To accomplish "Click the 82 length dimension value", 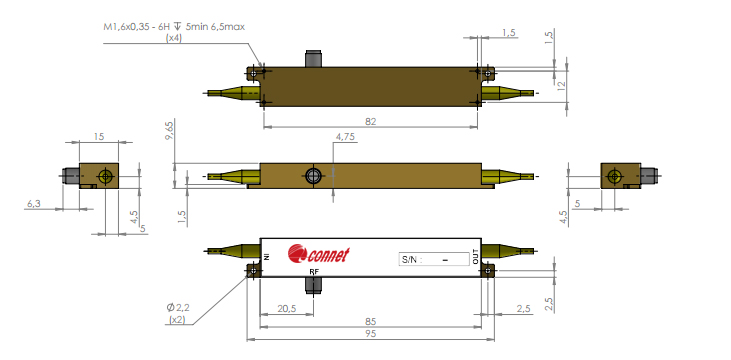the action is tap(371, 122).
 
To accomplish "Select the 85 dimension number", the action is tap(371, 322).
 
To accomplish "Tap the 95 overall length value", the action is tap(371, 334).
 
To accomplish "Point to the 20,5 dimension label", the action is tap(288, 309).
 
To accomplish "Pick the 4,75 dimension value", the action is tap(345, 137).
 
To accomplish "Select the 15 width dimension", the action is tap(99, 137).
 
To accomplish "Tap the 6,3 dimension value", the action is tap(34, 204).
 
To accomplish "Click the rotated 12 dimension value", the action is tap(561, 86).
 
